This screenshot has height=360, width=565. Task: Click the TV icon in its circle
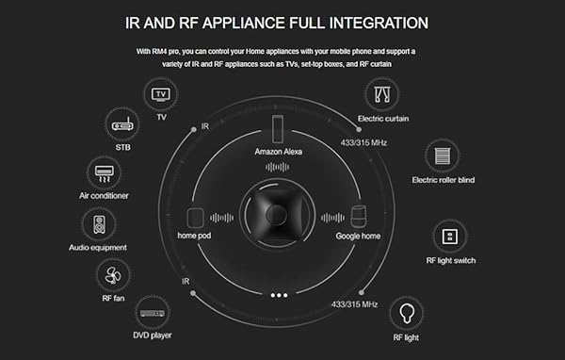[161, 95]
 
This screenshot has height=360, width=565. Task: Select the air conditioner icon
[104, 173]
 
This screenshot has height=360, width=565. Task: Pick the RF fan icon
[112, 276]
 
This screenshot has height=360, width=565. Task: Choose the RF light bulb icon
[405, 312]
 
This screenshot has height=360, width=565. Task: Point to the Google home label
[358, 236]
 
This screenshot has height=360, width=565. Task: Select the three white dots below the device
[279, 295]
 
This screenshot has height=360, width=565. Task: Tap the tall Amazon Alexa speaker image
[279, 128]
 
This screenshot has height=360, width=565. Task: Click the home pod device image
[197, 216]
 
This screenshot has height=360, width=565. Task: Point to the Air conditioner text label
[104, 196]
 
